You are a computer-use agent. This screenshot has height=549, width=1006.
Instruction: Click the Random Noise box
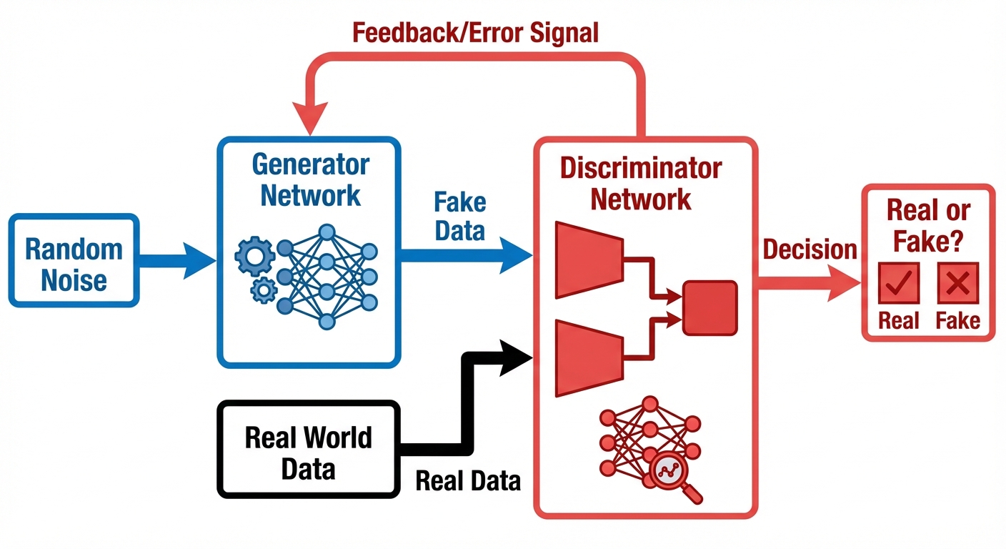[74, 262]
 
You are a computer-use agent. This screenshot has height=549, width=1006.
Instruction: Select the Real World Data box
[308, 450]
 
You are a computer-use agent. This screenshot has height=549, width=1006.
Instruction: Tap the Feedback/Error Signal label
[475, 32]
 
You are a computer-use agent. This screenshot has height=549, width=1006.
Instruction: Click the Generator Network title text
[310, 179]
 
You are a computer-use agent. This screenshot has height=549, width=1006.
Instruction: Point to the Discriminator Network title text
[641, 184]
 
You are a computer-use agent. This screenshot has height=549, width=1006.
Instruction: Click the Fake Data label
[459, 217]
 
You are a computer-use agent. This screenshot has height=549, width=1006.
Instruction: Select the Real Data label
[468, 481]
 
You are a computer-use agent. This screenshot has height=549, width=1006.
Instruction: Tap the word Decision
[810, 249]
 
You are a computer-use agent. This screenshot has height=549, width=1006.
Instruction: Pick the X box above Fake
[957, 285]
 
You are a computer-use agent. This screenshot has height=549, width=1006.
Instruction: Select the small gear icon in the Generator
[264, 290]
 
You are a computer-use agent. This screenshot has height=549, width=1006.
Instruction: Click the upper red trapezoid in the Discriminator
[588, 259]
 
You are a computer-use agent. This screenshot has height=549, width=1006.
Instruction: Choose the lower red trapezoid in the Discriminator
[588, 357]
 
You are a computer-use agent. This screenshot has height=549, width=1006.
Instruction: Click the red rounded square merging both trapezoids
[709, 308]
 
